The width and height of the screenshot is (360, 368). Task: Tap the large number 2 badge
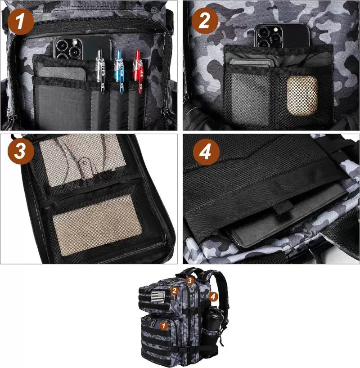[x=205, y=21]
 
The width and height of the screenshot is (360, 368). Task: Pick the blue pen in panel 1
[x=119, y=70]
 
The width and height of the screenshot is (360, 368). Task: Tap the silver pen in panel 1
[x=100, y=72]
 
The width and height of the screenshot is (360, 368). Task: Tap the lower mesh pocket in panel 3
[x=97, y=224]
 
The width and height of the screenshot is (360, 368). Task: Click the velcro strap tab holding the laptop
[x=282, y=210]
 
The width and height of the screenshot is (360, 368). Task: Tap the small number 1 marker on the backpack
[x=164, y=324]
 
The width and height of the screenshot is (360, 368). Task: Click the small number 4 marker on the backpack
[x=213, y=296]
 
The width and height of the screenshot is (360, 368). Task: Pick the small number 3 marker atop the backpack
[x=190, y=280]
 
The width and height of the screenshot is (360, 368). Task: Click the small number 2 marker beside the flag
[x=175, y=291]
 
